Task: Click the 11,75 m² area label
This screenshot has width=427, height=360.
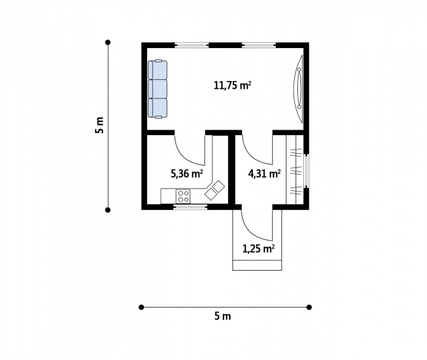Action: [232, 86]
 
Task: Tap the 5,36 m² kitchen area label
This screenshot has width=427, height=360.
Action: [187, 173]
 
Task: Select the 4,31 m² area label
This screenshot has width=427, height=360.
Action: [264, 173]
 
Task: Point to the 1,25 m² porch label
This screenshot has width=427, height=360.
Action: [258, 248]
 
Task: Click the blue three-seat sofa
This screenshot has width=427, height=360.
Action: [158, 89]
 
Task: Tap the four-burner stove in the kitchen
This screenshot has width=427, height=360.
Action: [183, 196]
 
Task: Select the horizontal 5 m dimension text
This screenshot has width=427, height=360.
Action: [222, 316]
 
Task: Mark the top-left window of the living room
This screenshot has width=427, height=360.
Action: [192, 45]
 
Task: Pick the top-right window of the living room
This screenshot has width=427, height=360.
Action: [259, 45]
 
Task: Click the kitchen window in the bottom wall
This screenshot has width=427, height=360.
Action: [190, 206]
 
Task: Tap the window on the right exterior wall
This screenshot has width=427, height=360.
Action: [306, 171]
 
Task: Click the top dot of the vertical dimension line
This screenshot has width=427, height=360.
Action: [108, 42]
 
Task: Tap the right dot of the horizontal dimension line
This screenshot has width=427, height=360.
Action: [309, 307]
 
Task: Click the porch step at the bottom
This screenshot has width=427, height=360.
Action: [257, 265]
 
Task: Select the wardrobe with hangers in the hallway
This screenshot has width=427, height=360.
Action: [295, 169]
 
